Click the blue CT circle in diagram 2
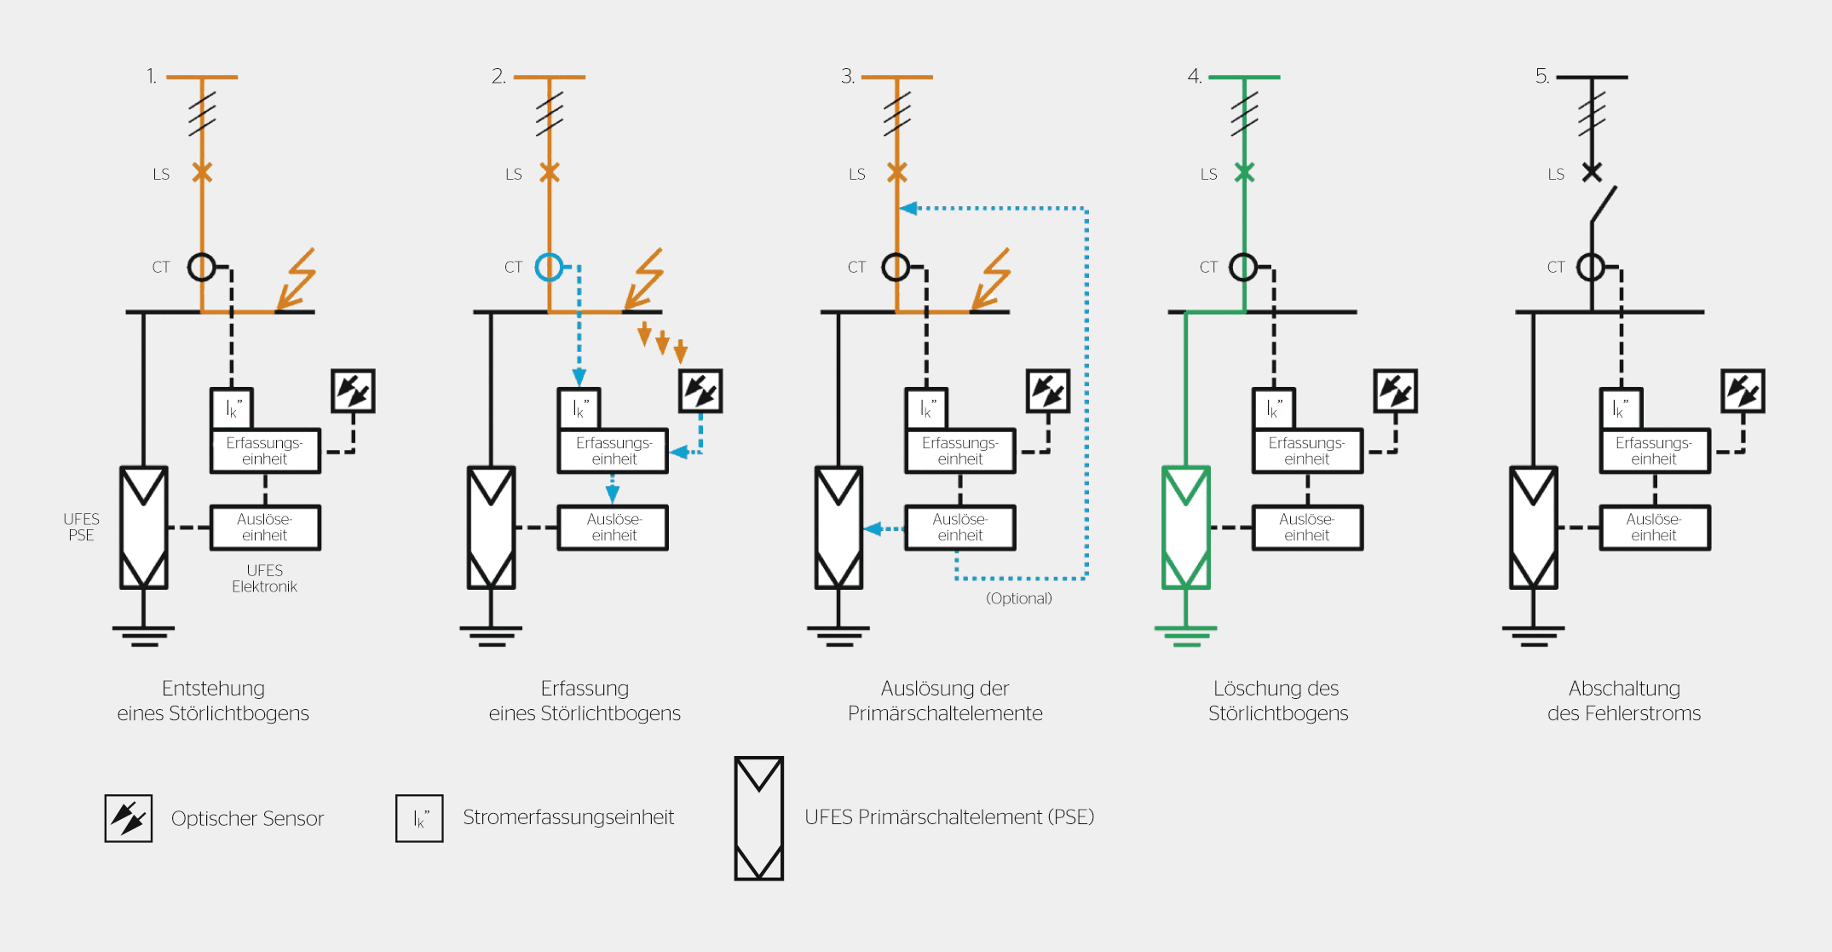click(549, 268)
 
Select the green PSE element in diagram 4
click(1185, 527)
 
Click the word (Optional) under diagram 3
click(1018, 598)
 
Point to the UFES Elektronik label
click(264, 579)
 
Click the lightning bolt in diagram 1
click(297, 279)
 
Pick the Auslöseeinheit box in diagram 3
click(959, 528)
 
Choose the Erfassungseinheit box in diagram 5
click(1654, 451)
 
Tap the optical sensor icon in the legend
click(129, 818)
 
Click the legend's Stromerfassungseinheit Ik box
click(419, 818)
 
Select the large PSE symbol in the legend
click(758, 818)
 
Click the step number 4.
click(1195, 77)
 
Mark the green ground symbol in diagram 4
click(1185, 635)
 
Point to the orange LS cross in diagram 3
click(896, 173)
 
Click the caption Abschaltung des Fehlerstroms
click(1624, 701)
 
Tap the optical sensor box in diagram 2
click(700, 391)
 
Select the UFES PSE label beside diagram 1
click(81, 527)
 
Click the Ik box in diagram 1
click(232, 408)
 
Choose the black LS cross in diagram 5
click(1592, 173)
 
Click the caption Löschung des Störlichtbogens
click(1277, 701)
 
